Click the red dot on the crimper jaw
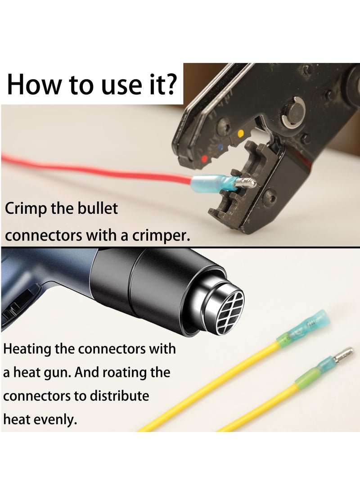click(x=205, y=159)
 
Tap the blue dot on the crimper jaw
click(x=220, y=146)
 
